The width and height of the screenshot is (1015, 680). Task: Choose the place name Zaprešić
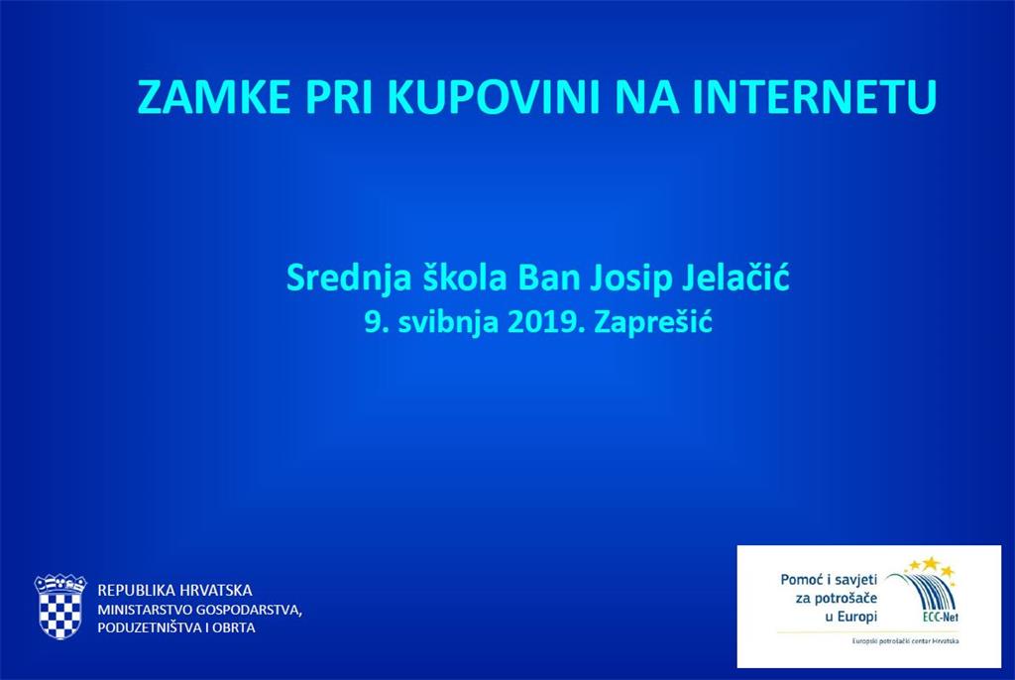[x=653, y=323]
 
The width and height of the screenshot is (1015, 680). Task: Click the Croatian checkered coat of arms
[x=60, y=607]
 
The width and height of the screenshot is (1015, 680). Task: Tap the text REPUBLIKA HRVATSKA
[x=174, y=590]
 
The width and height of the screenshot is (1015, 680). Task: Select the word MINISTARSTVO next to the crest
[x=145, y=610]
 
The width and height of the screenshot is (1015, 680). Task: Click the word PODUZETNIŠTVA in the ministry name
[x=149, y=627]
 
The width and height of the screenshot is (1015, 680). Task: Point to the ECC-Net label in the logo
[x=940, y=618]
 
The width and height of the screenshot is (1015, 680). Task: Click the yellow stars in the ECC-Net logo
[x=930, y=566]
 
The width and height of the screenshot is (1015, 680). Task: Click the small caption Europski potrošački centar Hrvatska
[x=905, y=641]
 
